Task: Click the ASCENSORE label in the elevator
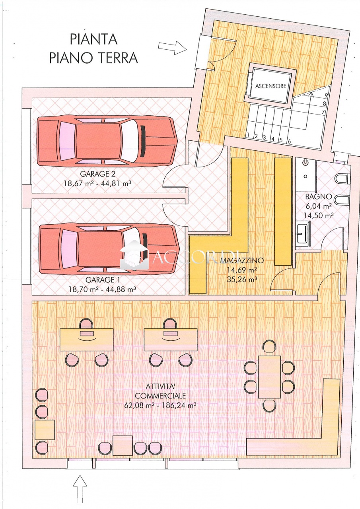[270, 86]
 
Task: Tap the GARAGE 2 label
[97, 174]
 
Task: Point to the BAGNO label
[318, 197]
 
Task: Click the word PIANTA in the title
[93, 39]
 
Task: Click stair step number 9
[326, 96]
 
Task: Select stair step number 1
[248, 135]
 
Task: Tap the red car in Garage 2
[107, 141]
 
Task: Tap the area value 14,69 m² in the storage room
[242, 270]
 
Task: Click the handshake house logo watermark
[134, 255]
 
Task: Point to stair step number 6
[289, 141]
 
